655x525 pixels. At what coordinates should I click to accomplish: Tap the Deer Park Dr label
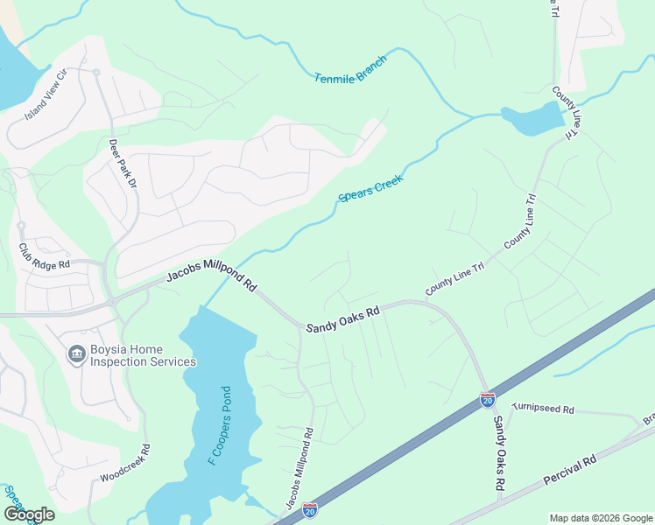123,164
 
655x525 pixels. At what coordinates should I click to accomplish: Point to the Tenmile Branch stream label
350,74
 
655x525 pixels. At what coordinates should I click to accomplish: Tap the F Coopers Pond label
219,425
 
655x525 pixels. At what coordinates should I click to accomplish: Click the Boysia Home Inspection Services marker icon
76,354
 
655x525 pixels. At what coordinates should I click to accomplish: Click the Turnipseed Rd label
543,409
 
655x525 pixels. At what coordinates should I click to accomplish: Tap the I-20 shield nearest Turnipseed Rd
488,400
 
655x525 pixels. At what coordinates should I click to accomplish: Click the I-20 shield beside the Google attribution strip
310,509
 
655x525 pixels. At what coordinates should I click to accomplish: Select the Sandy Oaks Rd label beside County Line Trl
342,319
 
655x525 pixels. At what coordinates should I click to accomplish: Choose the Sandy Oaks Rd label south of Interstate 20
497,451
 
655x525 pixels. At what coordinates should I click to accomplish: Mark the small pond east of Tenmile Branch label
532,120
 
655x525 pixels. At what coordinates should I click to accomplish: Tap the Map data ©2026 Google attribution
600,518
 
